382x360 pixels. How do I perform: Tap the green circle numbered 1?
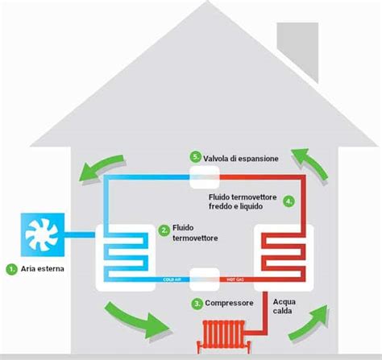tap(11, 267)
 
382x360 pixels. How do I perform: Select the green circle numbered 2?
tap(164, 230)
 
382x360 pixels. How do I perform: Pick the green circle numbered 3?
tap(196, 304)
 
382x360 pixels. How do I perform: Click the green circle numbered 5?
tap(194, 157)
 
